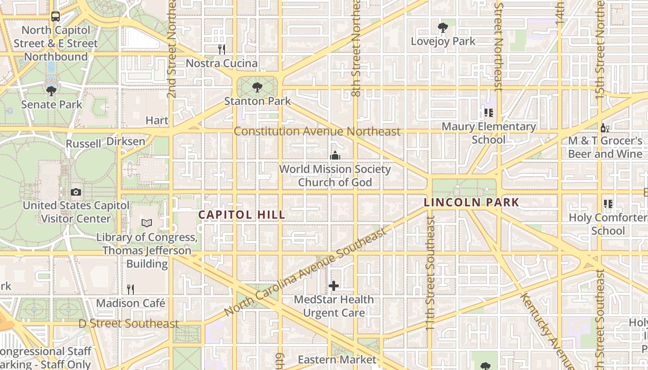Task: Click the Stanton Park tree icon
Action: (257, 87)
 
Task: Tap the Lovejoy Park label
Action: (443, 41)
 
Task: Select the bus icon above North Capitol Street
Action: (56, 17)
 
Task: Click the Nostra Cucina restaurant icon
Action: (222, 49)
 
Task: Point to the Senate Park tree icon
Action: (51, 91)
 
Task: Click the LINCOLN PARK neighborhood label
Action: (472, 202)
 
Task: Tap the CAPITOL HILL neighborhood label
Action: (241, 215)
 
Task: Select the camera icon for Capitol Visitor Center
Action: (76, 192)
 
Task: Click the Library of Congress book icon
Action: (147, 223)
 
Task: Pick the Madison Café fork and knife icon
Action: (131, 290)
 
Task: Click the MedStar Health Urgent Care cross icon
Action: (333, 286)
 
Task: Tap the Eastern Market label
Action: (337, 359)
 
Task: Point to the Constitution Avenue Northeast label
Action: (317, 131)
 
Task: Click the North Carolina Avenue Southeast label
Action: (305, 272)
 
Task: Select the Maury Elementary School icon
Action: (488, 112)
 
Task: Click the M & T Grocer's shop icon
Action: (604, 127)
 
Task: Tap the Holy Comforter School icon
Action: (608, 203)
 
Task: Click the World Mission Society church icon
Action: (335, 156)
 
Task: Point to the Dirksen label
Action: (126, 141)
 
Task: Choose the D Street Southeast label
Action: (128, 323)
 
